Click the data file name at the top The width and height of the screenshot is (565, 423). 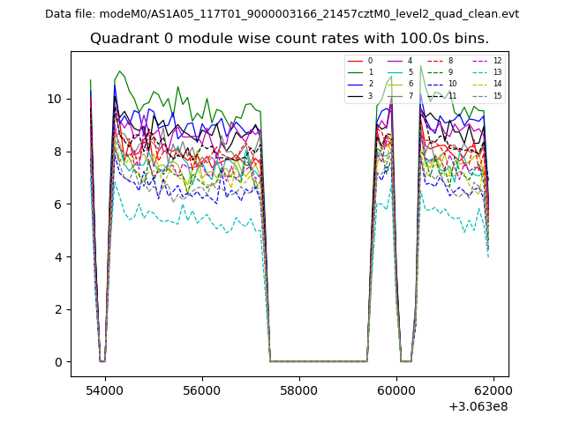282,14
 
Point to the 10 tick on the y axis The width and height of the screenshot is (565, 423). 55,99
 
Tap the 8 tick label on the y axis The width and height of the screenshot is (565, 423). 58,152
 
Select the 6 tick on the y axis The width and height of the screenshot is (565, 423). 58,204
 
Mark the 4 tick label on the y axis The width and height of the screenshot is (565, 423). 58,256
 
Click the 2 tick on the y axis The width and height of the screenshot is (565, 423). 58,309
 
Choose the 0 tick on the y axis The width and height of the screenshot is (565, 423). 58,362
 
